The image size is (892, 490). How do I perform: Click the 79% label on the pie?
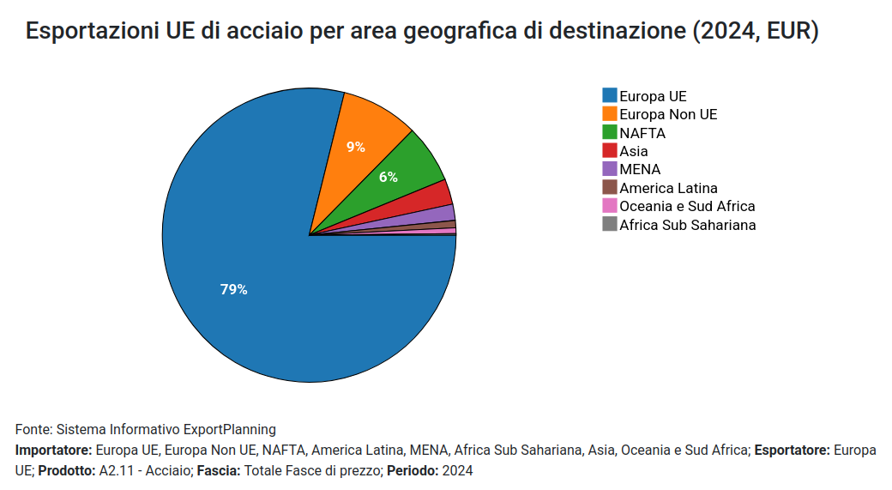pos(233,290)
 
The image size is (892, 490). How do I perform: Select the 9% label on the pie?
pos(356,147)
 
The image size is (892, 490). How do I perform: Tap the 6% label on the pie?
pos(389,177)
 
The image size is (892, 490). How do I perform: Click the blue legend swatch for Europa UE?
pos(610,95)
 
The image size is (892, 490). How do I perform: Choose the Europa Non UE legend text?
pos(668,114)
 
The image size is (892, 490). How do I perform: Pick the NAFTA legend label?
pos(642,133)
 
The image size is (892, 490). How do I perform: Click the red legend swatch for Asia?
pos(610,151)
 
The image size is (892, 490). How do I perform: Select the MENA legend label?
pos(640,169)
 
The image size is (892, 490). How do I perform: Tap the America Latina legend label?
pos(668,188)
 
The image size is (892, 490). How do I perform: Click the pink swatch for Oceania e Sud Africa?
pos(610,206)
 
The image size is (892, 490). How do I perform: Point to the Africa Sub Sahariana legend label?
pos(687,225)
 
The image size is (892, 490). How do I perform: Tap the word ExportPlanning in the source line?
pos(230,429)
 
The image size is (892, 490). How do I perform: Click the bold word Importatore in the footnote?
pos(53,450)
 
